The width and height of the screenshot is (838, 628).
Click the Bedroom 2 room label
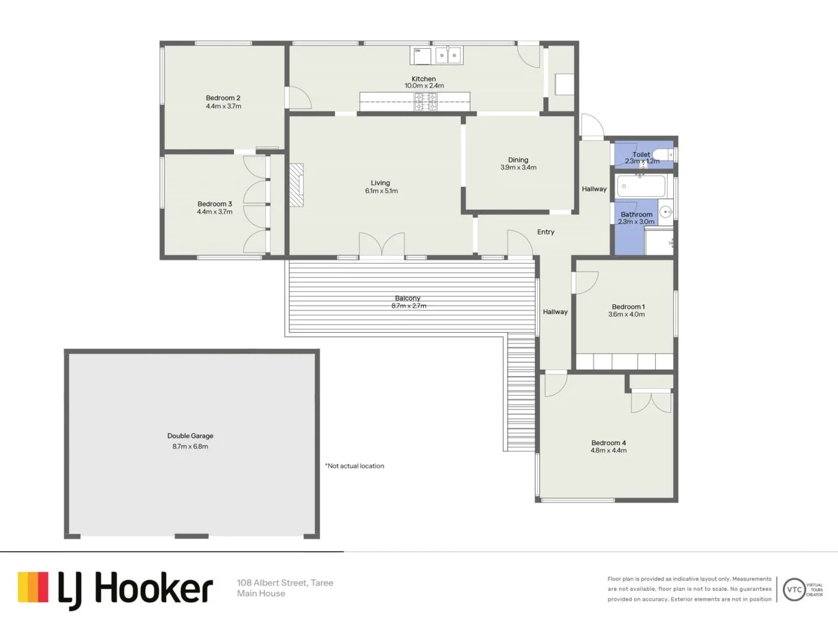(x=223, y=98)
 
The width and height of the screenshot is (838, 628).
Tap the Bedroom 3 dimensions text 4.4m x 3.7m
(x=214, y=212)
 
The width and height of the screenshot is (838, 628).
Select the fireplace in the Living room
(x=297, y=185)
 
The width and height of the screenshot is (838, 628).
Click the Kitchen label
(x=423, y=79)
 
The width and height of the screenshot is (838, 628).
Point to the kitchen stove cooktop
(x=425, y=102)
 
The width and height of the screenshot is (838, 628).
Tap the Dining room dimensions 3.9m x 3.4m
(x=518, y=167)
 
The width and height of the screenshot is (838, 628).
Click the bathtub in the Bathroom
(x=641, y=186)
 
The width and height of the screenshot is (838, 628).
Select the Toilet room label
(x=641, y=154)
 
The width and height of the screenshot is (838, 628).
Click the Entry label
(x=545, y=232)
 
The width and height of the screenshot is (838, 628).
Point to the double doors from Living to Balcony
(x=381, y=245)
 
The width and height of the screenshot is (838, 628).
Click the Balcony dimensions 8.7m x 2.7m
(x=410, y=306)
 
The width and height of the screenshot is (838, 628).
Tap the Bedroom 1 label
(x=628, y=306)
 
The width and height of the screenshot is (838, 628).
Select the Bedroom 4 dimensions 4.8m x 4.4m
(x=608, y=451)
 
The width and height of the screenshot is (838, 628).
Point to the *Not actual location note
(x=354, y=465)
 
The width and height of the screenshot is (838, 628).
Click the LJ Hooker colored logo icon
(x=33, y=588)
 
